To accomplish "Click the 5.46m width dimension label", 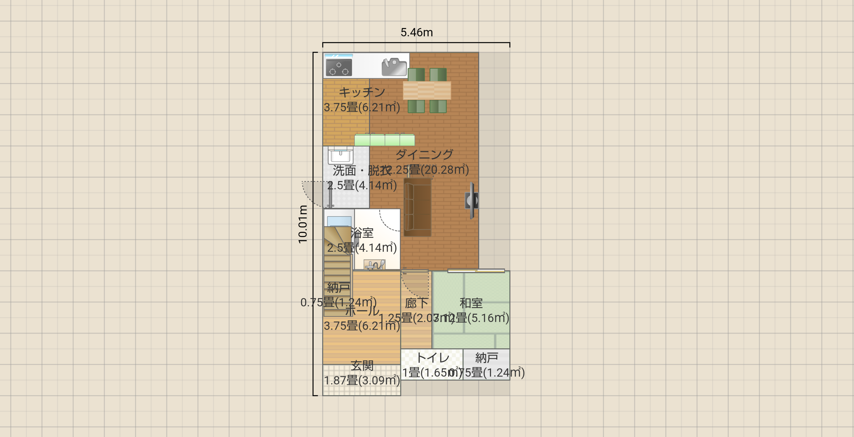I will (x=416, y=33).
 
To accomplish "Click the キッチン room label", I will (x=362, y=92).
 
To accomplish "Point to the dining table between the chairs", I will (x=427, y=90).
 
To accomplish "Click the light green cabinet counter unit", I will (x=384, y=140).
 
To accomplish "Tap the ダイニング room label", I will (x=424, y=154).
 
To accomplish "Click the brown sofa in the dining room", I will (x=417, y=207).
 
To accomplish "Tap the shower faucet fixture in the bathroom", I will (x=375, y=264).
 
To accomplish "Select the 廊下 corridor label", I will (x=416, y=303).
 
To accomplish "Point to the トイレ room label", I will (x=432, y=358).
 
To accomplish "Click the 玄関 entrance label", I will (x=362, y=366).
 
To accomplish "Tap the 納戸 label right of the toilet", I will (x=486, y=358).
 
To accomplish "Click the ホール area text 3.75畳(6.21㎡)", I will (x=362, y=326).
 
